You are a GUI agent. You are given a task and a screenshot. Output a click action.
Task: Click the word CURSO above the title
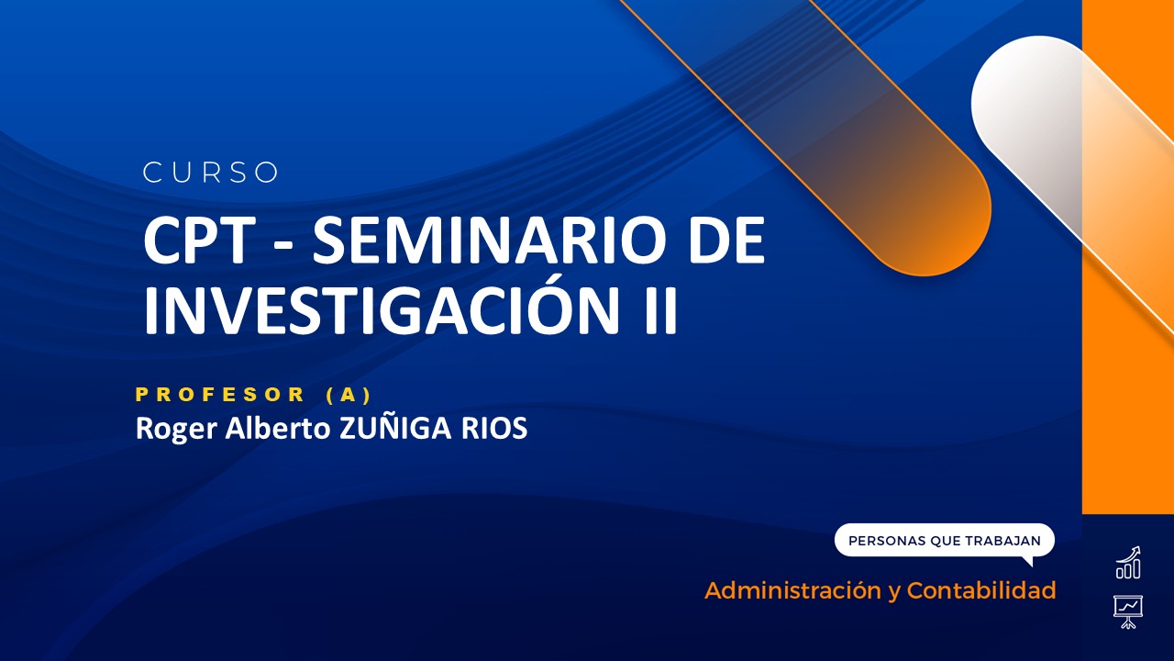tap(211, 173)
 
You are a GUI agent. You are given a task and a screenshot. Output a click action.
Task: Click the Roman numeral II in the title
tap(657, 310)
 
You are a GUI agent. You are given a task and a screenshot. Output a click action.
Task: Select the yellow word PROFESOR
tap(220, 395)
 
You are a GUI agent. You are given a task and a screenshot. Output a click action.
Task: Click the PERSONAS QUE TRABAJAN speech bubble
tap(944, 541)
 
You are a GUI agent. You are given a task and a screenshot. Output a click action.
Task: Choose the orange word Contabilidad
tap(980, 590)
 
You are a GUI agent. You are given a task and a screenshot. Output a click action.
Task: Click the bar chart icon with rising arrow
tap(1128, 563)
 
